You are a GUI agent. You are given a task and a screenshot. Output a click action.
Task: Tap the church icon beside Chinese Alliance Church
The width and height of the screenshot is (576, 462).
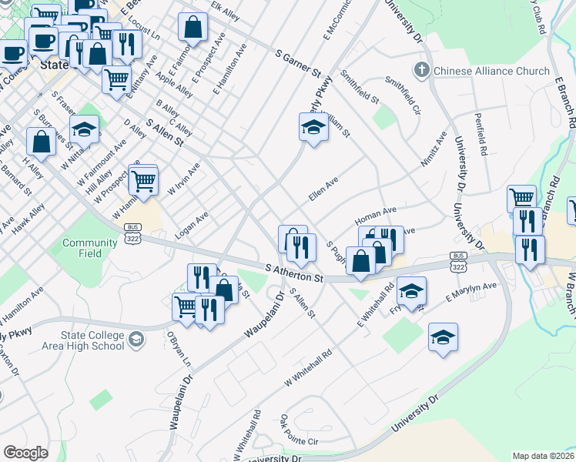(x=420, y=71)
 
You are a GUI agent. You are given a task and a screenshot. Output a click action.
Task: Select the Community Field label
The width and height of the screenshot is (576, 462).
(x=90, y=248)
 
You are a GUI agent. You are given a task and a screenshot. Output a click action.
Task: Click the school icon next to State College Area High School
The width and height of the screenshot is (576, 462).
(x=136, y=339)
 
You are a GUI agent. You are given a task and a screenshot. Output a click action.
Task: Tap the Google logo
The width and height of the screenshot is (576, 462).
(x=26, y=453)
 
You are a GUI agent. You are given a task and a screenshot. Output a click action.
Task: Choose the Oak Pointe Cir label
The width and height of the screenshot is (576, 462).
(x=299, y=431)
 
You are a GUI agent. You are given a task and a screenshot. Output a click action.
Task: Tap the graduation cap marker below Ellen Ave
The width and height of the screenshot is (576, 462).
(x=313, y=128)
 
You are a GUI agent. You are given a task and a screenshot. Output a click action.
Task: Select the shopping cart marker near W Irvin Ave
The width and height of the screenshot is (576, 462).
(x=143, y=181)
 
